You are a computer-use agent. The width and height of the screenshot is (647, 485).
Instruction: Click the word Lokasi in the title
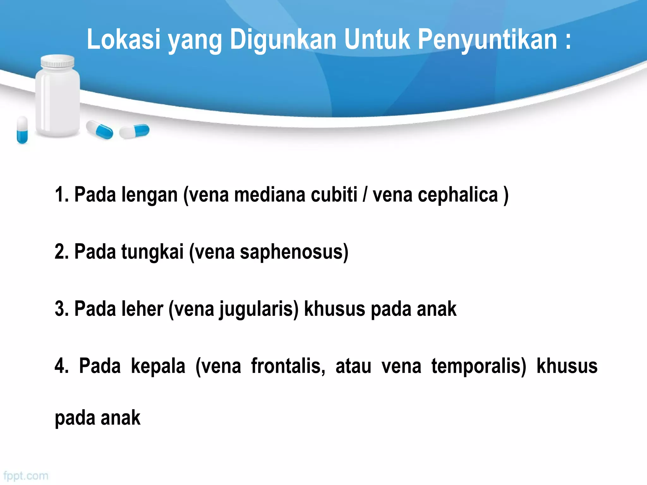click(124, 39)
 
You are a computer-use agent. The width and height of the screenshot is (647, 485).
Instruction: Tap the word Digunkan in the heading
click(283, 40)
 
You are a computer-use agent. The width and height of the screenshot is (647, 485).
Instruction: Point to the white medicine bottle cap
click(58, 62)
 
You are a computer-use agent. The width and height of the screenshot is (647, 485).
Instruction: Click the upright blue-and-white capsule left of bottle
click(22, 130)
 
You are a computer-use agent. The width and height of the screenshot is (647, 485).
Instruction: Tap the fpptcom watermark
click(26, 476)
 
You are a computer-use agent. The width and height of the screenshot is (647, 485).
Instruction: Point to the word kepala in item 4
click(158, 366)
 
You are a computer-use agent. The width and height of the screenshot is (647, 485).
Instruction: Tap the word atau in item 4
click(353, 366)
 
